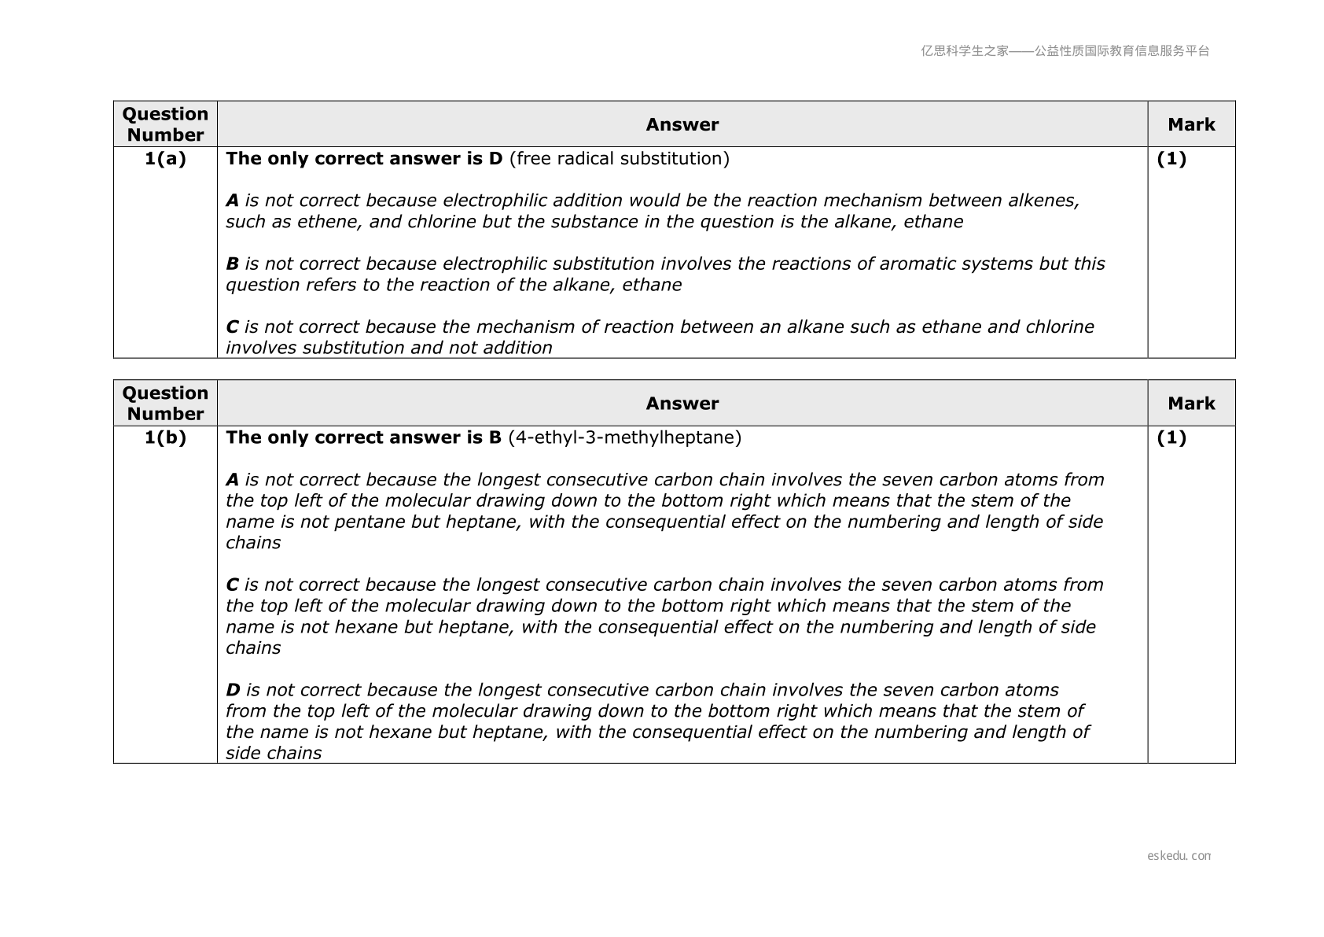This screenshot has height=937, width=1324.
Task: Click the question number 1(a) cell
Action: [165, 159]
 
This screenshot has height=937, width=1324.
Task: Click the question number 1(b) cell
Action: [165, 437]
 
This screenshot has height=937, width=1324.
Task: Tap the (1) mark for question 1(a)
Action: [1171, 159]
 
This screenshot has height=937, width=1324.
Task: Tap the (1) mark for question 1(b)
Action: [1171, 437]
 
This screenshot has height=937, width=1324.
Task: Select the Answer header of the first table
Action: [682, 124]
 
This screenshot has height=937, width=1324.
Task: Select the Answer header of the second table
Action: [682, 404]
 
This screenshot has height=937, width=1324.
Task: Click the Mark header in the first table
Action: [1191, 124]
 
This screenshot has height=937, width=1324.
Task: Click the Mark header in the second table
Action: [1191, 404]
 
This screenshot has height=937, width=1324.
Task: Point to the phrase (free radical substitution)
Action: [619, 159]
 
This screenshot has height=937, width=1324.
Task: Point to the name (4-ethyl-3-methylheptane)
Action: [624, 437]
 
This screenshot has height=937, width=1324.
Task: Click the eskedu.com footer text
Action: [1179, 856]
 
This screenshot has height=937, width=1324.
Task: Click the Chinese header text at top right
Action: [1065, 51]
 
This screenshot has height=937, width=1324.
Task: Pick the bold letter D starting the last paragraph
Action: [233, 690]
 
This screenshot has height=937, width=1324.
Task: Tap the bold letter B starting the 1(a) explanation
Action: [232, 264]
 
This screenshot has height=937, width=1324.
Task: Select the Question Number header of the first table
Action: [165, 124]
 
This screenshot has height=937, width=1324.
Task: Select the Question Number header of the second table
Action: [165, 404]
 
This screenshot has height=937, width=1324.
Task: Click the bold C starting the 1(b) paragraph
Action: [232, 585]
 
